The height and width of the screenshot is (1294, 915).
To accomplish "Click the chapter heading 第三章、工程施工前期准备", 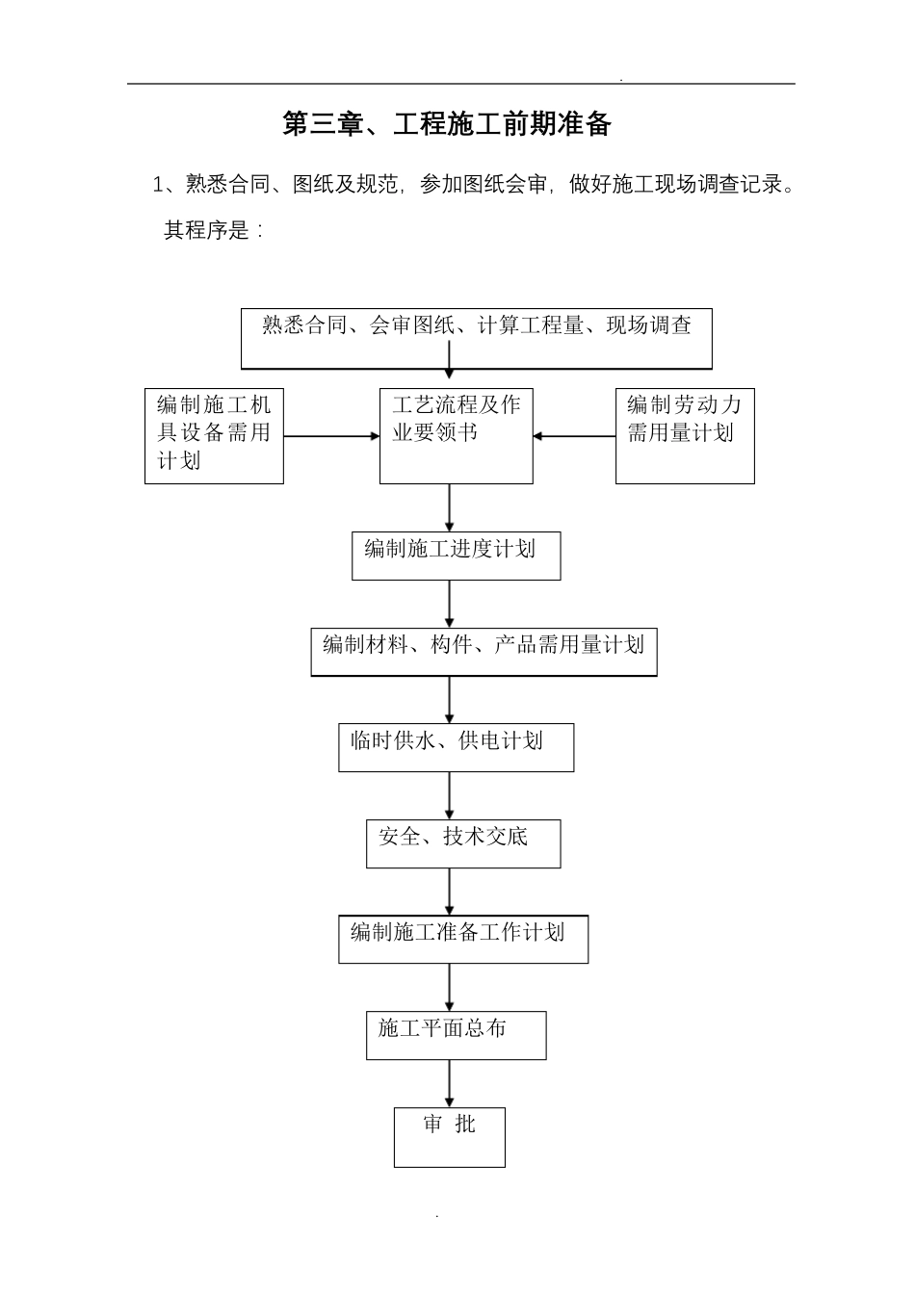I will pyautogui.click(x=447, y=124).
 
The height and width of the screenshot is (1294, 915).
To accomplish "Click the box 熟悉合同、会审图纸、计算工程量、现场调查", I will pyautogui.click(x=476, y=338).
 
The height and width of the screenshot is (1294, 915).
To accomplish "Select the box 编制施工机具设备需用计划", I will pyautogui.click(x=214, y=435).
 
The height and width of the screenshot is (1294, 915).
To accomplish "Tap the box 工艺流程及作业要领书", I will pyautogui.click(x=456, y=435).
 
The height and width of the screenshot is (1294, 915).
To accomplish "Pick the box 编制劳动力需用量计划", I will pyautogui.click(x=685, y=435).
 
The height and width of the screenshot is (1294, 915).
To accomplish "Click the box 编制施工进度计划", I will pyautogui.click(x=456, y=556).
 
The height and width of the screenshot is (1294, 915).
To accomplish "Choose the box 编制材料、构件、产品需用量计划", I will pyautogui.click(x=484, y=652).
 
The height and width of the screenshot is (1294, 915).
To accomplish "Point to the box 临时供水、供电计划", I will pyautogui.click(x=456, y=747).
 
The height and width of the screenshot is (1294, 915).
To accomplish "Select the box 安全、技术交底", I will pyautogui.click(x=462, y=843).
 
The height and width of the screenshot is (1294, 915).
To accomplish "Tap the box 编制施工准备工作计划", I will pyautogui.click(x=462, y=939).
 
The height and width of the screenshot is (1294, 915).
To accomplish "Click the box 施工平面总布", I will pyautogui.click(x=456, y=1035).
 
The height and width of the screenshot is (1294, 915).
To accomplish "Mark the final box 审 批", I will pyautogui.click(x=449, y=1137).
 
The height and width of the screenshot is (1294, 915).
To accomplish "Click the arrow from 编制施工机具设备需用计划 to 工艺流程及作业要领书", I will pyautogui.click(x=331, y=436).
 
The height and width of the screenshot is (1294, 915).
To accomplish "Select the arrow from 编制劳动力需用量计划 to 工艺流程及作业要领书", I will pyautogui.click(x=574, y=436).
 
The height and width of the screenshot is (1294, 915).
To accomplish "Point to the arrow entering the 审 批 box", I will pyautogui.click(x=450, y=1083).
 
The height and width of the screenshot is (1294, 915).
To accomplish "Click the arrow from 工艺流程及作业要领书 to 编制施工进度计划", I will pyautogui.click(x=450, y=507).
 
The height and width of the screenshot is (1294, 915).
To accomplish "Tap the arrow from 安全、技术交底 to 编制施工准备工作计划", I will pyautogui.click(x=450, y=892).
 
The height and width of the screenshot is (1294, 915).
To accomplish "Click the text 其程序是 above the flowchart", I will pyautogui.click(x=207, y=230).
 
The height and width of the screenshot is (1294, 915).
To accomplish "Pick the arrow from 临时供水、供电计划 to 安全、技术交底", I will pyautogui.click(x=450, y=795).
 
